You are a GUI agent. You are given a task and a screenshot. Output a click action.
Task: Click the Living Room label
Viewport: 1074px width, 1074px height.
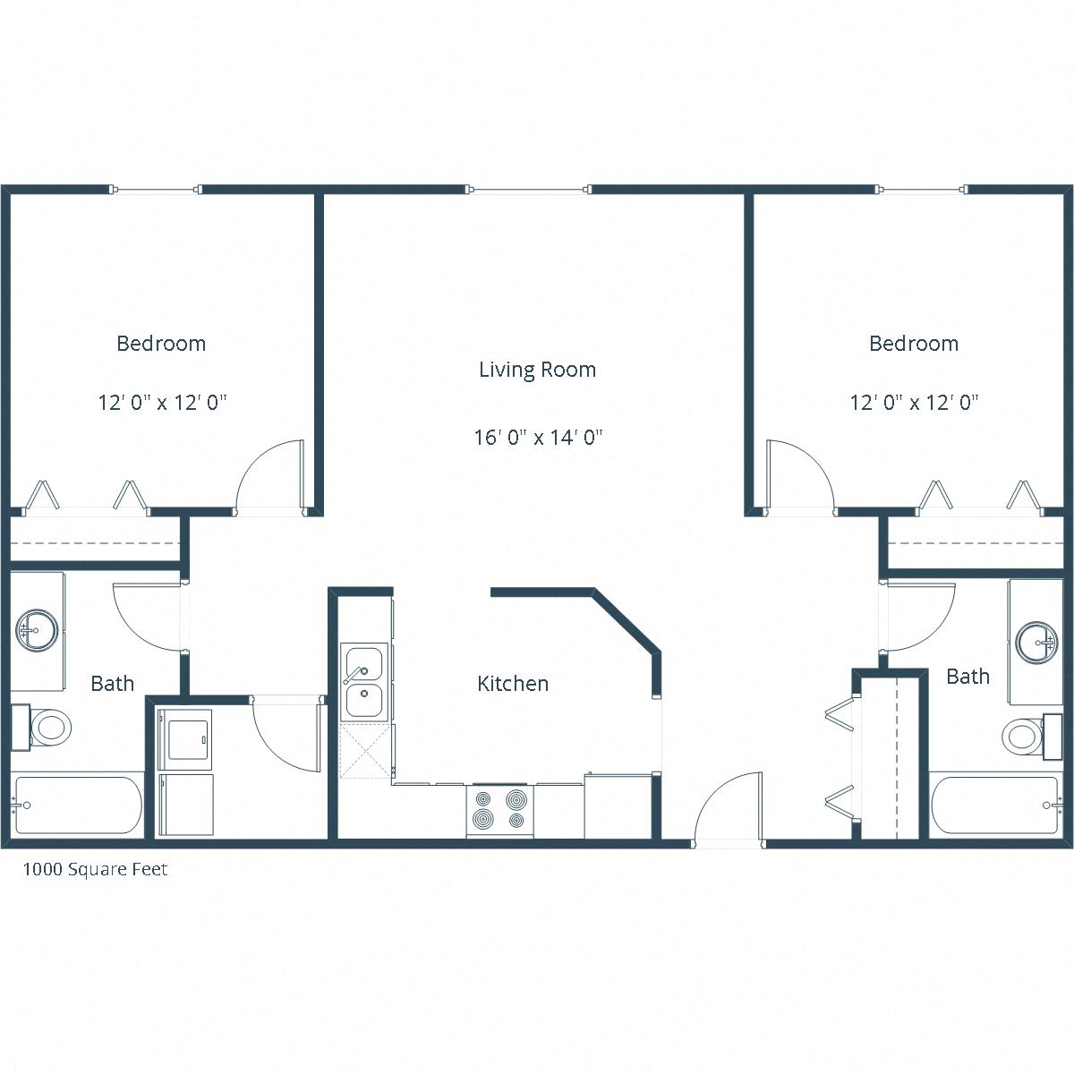pos(537,370)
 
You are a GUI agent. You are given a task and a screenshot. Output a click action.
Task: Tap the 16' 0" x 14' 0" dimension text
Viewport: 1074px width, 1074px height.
pos(538,438)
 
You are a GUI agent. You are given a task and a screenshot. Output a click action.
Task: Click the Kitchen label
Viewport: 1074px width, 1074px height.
pos(513,684)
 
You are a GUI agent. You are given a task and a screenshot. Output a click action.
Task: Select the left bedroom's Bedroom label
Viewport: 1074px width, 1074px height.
pos(161,344)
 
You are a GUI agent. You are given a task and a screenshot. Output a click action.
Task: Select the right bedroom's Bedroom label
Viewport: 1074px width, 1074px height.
pos(914,344)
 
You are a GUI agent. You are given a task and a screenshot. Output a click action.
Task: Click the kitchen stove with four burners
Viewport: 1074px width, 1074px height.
pos(499,810)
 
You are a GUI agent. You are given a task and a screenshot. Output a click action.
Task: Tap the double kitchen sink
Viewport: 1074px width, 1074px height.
pos(364,683)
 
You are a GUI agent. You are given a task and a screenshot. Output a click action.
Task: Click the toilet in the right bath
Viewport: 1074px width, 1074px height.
pos(1025,737)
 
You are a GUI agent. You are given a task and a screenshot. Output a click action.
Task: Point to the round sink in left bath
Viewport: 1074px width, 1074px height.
pos(37,630)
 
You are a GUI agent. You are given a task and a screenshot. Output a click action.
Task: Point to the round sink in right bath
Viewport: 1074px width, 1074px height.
pos(1037,642)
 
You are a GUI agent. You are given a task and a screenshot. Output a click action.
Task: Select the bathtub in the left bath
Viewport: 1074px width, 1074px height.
pos(78,805)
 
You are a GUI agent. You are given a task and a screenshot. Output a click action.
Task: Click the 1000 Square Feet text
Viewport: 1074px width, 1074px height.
pos(95,869)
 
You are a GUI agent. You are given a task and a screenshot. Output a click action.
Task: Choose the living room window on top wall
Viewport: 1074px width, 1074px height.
pos(528,189)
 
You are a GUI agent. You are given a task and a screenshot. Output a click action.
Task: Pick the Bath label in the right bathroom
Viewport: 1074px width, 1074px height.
pos(967,677)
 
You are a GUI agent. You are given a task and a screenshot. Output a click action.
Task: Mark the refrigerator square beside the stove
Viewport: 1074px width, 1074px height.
pos(618,807)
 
